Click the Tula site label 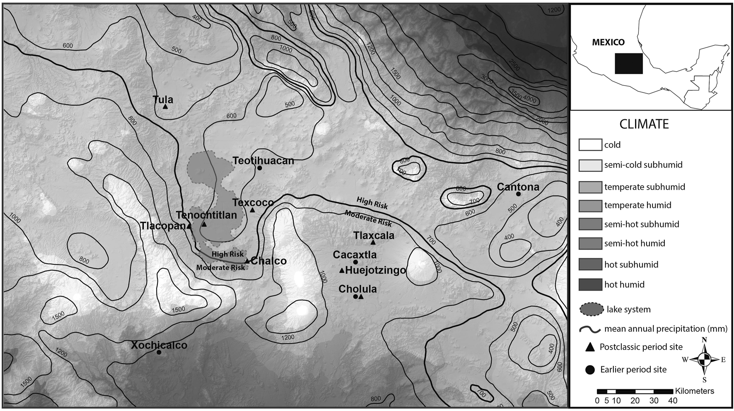163,99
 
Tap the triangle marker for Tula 165,107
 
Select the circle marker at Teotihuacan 259,168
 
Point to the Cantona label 518,187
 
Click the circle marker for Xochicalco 159,352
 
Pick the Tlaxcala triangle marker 373,243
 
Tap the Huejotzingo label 375,270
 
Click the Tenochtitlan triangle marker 204,224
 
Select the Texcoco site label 253,202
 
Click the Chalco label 268,261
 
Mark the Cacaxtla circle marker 355,262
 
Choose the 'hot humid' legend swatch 590,284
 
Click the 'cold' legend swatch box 590,145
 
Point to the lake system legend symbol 592,309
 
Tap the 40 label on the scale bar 673,400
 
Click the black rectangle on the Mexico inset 628,63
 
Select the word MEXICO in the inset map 608,42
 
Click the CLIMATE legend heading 644,124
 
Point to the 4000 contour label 529,100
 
